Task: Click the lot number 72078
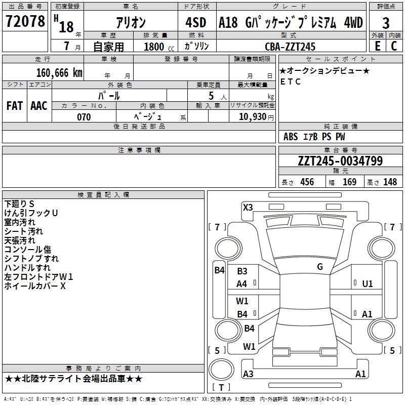pyautogui.click(x=25, y=21)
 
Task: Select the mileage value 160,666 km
pyautogui.click(x=59, y=73)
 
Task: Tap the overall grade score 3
pyautogui.click(x=386, y=23)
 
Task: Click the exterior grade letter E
pyautogui.click(x=378, y=46)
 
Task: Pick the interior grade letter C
pyautogui.click(x=394, y=46)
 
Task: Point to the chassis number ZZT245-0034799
pyautogui.click(x=340, y=160)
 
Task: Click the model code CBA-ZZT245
pyautogui.click(x=290, y=47)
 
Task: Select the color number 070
pyautogui.click(x=84, y=117)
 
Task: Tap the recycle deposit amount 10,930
pyautogui.click(x=253, y=116)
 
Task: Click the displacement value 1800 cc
pyautogui.click(x=159, y=47)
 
